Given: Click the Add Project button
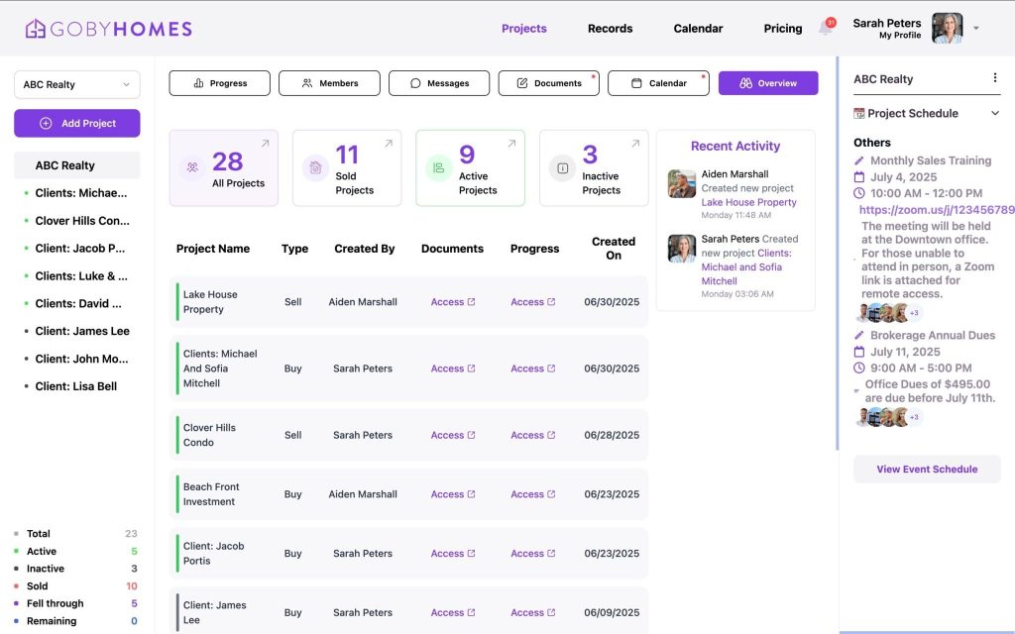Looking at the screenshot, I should [77, 123].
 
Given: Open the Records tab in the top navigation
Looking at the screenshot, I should [610, 29].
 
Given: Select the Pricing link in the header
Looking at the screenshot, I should [782, 29].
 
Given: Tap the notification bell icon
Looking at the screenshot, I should [825, 28].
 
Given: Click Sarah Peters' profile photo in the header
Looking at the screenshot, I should [947, 28].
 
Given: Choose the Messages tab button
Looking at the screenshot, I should [438, 83].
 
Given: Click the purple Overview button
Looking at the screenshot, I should [768, 83].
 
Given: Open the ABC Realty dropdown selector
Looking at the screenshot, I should [77, 84].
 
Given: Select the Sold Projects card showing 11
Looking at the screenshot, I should [347, 168].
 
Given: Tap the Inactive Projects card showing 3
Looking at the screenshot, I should [594, 168].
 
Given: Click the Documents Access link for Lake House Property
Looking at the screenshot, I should [453, 302].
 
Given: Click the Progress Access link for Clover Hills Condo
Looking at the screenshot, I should [532, 435].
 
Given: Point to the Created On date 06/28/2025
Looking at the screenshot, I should [612, 435].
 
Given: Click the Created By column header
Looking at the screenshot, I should [365, 249].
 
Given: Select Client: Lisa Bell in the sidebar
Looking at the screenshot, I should [75, 386].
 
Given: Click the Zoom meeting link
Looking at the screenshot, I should [936, 210].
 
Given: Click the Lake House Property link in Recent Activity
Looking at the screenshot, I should [748, 202].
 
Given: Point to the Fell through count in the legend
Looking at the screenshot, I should [134, 603].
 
